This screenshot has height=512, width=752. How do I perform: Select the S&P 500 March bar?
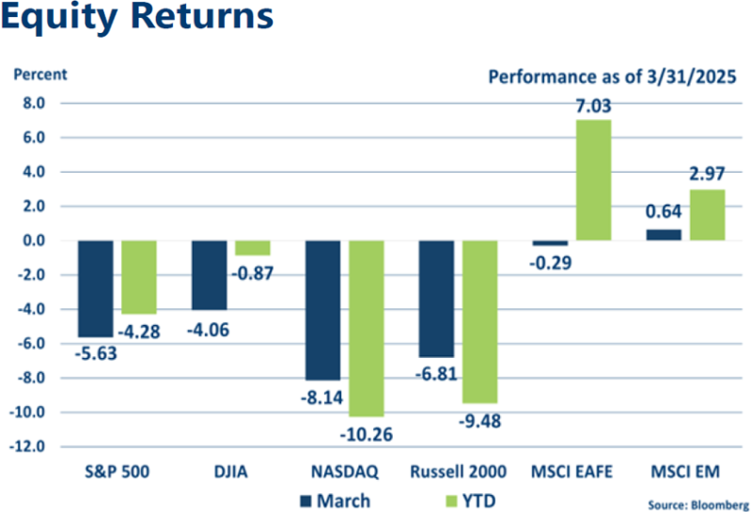pyautogui.click(x=96, y=288)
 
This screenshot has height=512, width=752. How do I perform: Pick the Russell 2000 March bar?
pyautogui.click(x=436, y=299)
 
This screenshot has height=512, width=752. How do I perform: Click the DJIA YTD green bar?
pyautogui.click(x=252, y=248)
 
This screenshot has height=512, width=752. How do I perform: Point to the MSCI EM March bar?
pyautogui.click(x=664, y=235)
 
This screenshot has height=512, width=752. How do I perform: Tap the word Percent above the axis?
pyautogui.click(x=39, y=73)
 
